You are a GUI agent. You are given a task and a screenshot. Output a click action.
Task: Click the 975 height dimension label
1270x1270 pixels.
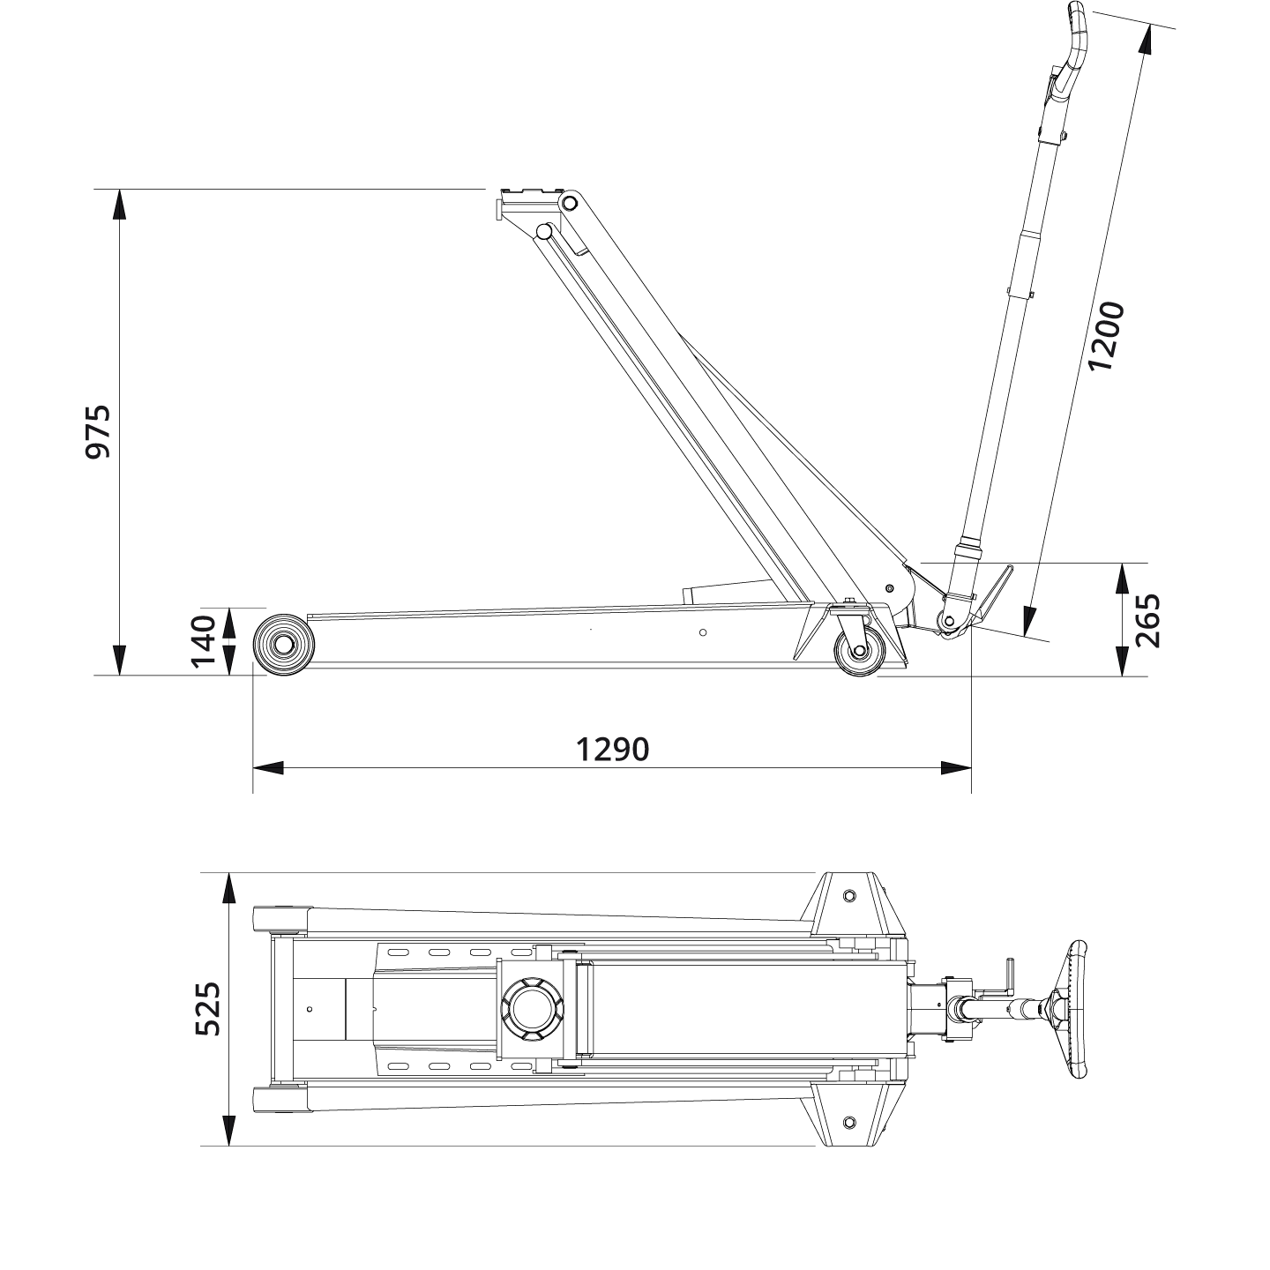(x=97, y=431)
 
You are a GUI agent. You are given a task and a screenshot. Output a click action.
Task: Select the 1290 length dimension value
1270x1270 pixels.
(x=612, y=749)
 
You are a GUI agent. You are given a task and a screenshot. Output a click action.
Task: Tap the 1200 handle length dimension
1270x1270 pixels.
(x=1106, y=336)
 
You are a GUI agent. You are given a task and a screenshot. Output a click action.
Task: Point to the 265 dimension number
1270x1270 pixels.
(x=1147, y=621)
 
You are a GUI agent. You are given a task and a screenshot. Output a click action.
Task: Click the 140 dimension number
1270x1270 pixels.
(x=203, y=641)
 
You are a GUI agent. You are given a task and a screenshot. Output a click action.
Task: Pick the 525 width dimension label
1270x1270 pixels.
(x=208, y=1009)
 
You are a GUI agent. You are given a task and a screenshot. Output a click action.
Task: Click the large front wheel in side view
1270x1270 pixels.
(x=283, y=645)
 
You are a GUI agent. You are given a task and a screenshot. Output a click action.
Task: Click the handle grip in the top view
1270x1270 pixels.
(x=1077, y=1009)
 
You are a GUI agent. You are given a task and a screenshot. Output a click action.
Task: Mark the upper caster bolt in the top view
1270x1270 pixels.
(x=849, y=896)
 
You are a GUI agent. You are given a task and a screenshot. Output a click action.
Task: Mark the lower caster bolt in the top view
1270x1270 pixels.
(x=849, y=1122)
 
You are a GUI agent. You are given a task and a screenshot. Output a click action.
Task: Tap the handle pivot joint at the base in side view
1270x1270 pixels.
(x=949, y=621)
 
